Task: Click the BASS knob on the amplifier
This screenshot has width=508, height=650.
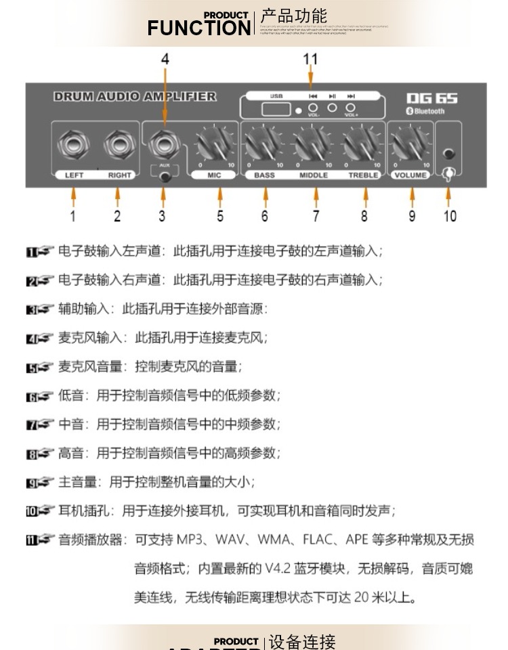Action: click(x=263, y=145)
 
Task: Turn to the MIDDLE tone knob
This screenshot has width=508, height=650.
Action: click(x=314, y=145)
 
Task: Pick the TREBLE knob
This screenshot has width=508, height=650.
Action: click(x=363, y=145)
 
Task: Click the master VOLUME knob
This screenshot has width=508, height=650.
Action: click(x=411, y=145)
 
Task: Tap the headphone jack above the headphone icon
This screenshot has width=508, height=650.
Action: click(x=448, y=152)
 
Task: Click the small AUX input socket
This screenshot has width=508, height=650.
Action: click(x=163, y=177)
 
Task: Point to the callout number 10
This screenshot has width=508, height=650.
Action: click(x=450, y=216)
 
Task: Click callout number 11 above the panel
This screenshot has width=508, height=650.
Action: click(x=310, y=60)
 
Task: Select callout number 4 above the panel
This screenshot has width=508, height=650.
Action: click(x=165, y=60)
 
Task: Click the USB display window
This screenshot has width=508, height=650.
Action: click(x=278, y=110)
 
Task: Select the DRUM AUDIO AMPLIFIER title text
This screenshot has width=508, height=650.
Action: click(x=135, y=97)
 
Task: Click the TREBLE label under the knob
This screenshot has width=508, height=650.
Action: click(x=364, y=175)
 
